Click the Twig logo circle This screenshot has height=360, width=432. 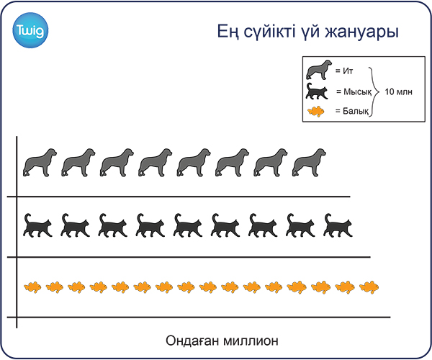tap(30, 30)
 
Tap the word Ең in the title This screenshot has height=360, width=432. tap(228, 32)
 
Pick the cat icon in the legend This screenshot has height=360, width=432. tap(317, 91)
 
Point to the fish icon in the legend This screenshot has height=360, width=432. tap(316, 112)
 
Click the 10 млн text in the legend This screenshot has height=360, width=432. tap(398, 91)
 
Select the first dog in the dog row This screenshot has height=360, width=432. tap(40, 163)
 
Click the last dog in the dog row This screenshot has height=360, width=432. tap(309, 163)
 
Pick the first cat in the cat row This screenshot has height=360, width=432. tap(37, 225)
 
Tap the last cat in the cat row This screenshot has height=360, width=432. tap(338, 225)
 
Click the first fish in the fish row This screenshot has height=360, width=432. tap(32, 287)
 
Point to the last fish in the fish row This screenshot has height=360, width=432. tap(369, 287)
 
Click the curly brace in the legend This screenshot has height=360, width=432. tap(374, 91)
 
